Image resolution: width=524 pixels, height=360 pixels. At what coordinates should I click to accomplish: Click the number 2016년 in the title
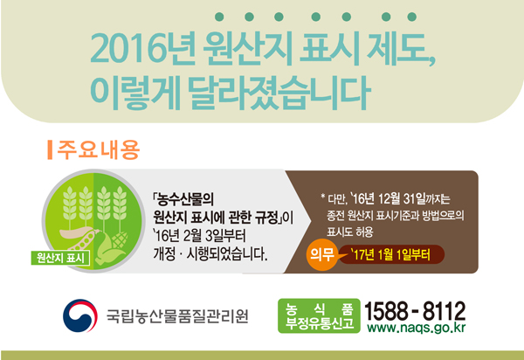coord(142,49)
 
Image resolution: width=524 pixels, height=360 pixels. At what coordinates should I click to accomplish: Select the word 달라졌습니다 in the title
coord(279,93)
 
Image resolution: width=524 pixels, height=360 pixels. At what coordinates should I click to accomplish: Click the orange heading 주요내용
coord(98,149)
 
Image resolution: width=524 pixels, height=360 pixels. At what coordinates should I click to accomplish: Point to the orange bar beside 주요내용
coord(50,149)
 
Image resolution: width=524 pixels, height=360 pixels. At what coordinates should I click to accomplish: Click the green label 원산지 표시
coord(60,258)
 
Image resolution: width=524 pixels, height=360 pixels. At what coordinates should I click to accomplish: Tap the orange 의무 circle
coord(321,254)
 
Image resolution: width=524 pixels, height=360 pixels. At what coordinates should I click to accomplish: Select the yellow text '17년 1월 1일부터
coord(390,255)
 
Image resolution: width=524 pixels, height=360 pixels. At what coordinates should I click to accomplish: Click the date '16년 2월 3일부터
coord(199,236)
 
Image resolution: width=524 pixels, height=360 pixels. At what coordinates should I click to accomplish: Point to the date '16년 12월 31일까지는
coord(400,199)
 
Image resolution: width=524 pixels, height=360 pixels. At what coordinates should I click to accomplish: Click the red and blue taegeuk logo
coord(80,315)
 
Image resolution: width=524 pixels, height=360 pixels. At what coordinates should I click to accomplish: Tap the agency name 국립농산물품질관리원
coord(177,316)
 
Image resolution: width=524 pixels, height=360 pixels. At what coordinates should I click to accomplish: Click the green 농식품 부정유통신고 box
coord(319,316)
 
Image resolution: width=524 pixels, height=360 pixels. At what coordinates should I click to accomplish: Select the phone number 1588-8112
coord(415,310)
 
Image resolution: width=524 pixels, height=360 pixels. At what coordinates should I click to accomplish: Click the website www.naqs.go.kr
coord(416,328)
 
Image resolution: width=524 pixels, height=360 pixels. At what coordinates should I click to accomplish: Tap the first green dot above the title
coord(219,17)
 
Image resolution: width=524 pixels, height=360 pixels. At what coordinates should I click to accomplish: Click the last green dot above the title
coord(412,17)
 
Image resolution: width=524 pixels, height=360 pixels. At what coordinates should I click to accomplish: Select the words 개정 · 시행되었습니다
coord(210,254)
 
